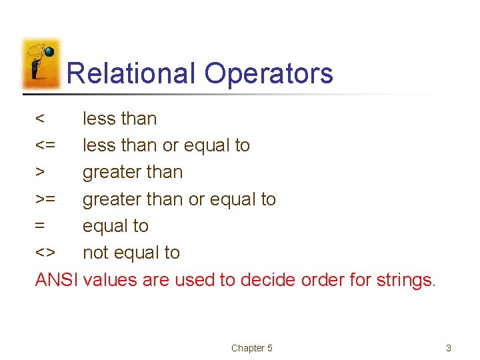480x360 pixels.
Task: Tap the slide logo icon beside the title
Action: tap(41, 63)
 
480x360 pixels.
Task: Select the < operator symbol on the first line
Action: tap(41, 119)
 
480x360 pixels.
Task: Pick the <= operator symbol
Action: tap(46, 146)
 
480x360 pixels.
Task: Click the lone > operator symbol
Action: tap(41, 173)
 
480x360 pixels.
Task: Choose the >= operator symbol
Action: tap(46, 199)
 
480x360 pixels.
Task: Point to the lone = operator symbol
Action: tap(41, 226)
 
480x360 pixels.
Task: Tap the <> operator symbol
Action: tap(46, 253)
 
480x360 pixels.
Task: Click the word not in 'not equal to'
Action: tap(96, 253)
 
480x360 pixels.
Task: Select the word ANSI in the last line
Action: tap(57, 280)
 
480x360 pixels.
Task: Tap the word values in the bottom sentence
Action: tap(111, 280)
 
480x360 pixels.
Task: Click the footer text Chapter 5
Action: tap(252, 348)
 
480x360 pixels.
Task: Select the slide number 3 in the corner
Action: tap(449, 348)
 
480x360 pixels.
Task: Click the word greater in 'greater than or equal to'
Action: tap(111, 199)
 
